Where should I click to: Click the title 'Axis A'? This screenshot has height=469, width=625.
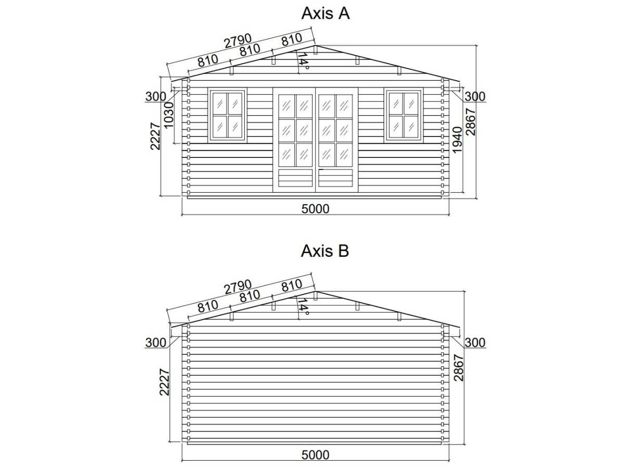pos(325,14)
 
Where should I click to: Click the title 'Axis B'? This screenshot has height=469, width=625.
pos(325,251)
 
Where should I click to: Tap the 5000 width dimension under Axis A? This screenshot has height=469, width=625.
pos(315,209)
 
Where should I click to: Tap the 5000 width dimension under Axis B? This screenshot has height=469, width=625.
pos(315,455)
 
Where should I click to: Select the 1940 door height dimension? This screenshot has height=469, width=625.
pos(457,140)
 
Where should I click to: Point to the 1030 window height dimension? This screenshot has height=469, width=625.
pos(169,115)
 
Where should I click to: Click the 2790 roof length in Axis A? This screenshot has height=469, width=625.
pos(238,41)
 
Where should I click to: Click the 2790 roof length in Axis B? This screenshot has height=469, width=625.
pos(238,287)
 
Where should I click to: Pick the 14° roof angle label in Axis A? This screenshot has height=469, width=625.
pos(303,61)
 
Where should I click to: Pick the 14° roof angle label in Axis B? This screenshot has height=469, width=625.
pos(303,307)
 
